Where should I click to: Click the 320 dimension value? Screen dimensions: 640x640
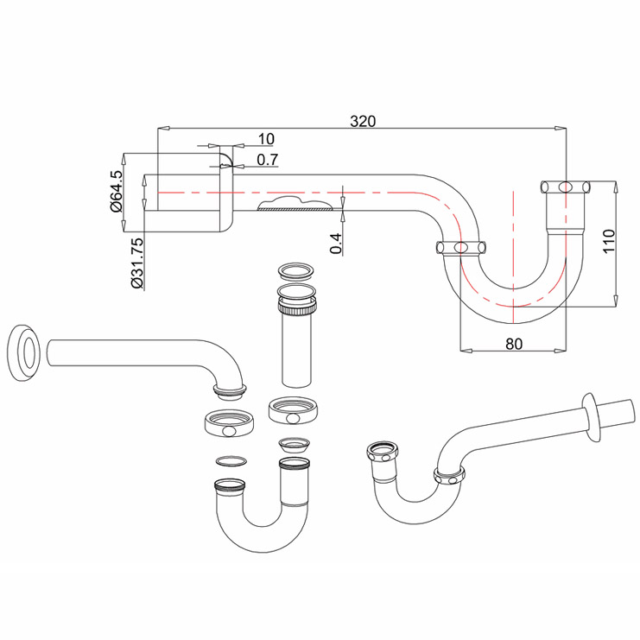coord(363,122)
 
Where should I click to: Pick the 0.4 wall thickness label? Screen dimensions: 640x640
coord(336,244)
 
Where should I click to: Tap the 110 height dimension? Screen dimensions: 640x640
coord(608,240)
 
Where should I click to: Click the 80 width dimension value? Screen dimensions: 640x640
coord(513,343)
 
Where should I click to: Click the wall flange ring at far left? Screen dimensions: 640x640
coord(24,352)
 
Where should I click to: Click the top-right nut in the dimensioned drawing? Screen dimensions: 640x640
coord(565,187)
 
